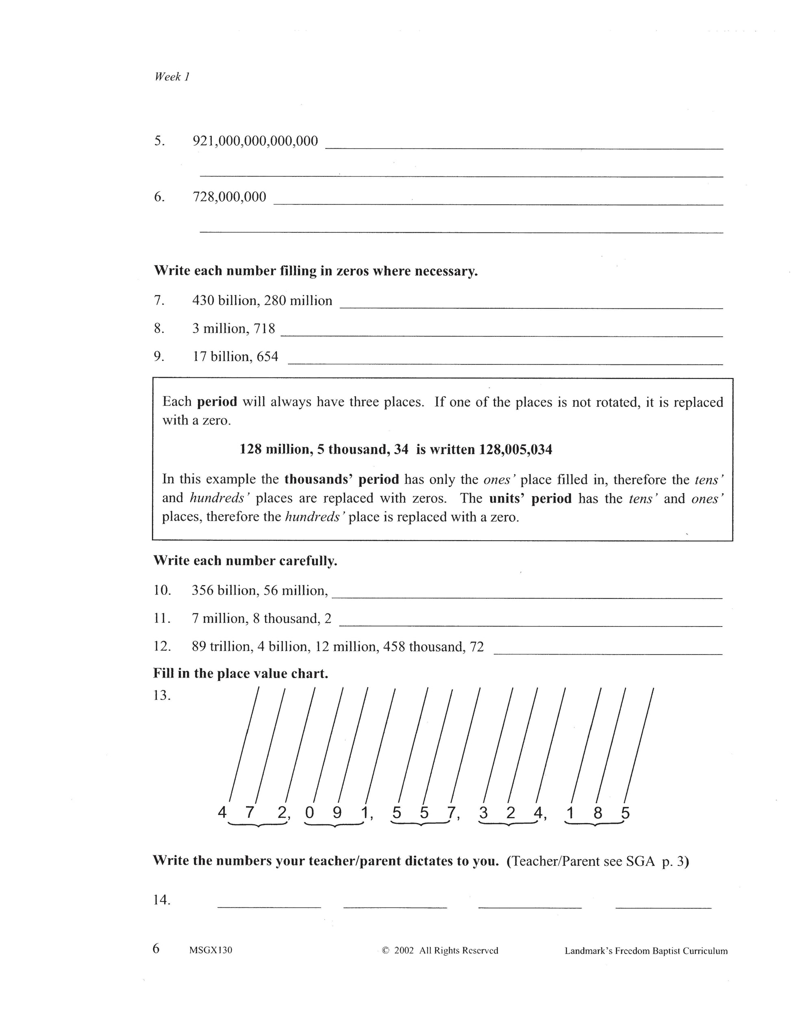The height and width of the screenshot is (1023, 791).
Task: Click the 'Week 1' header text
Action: (x=172, y=77)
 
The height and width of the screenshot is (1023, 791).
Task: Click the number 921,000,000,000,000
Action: (x=255, y=141)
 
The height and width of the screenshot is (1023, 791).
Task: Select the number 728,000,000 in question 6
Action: (x=229, y=197)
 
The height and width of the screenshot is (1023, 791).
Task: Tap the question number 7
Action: (x=159, y=300)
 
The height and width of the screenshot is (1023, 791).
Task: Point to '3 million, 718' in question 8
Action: (x=233, y=328)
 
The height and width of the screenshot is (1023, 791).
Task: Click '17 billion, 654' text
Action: (x=235, y=356)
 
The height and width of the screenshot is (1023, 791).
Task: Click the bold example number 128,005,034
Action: (x=515, y=450)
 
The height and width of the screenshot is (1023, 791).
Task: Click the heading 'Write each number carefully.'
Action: (x=245, y=561)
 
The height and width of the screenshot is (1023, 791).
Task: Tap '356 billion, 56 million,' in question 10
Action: (x=260, y=590)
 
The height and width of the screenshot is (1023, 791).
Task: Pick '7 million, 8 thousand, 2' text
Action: (x=261, y=619)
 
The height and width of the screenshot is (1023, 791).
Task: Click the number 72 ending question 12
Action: (x=476, y=647)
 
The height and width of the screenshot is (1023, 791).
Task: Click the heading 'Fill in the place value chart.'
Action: (x=240, y=674)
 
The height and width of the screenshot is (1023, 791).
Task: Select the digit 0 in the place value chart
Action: (x=309, y=813)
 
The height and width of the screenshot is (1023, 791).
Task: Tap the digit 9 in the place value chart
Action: (x=337, y=813)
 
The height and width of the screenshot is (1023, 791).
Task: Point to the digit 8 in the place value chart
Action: (x=598, y=813)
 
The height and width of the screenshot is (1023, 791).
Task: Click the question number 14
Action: (x=161, y=900)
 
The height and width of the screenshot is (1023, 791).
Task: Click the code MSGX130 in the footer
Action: (x=211, y=951)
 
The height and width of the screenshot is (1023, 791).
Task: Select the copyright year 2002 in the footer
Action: (x=404, y=951)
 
